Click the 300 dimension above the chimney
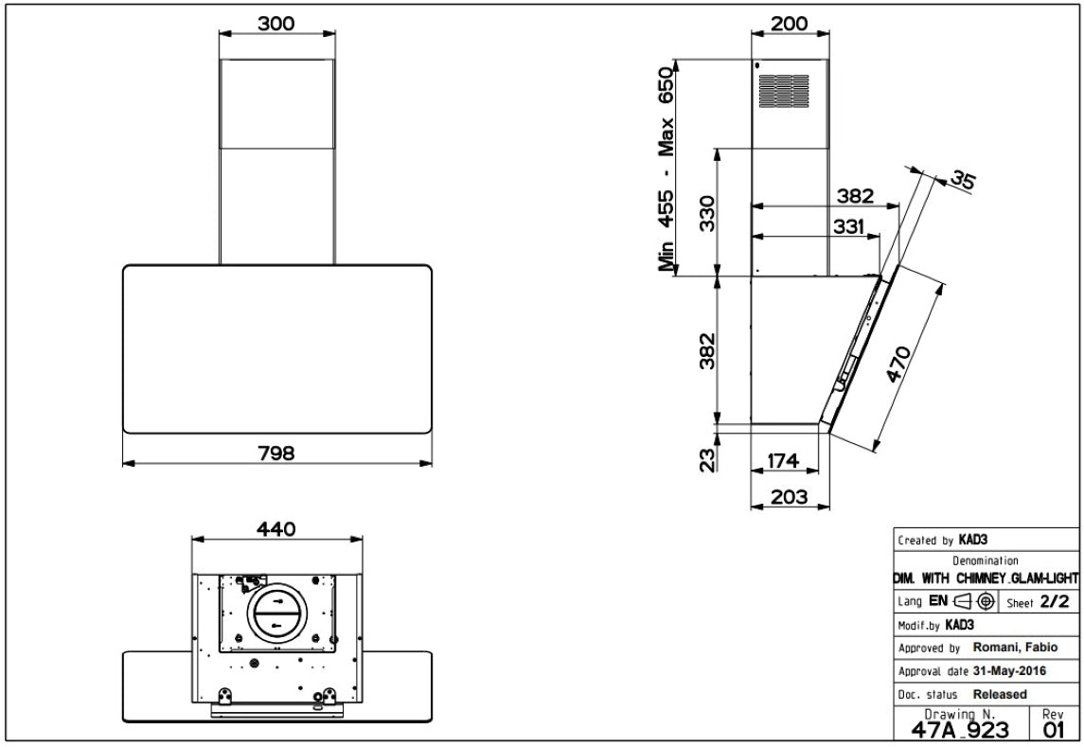[x=275, y=24]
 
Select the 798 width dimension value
[x=275, y=454]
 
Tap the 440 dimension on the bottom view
[x=275, y=529]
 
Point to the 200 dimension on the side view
[x=789, y=24]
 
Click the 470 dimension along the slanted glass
[x=898, y=364]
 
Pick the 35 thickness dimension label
[x=962, y=179]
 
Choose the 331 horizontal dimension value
[x=848, y=226]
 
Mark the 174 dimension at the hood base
[x=783, y=460]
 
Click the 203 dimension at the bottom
[x=789, y=497]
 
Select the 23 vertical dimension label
[x=707, y=460]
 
